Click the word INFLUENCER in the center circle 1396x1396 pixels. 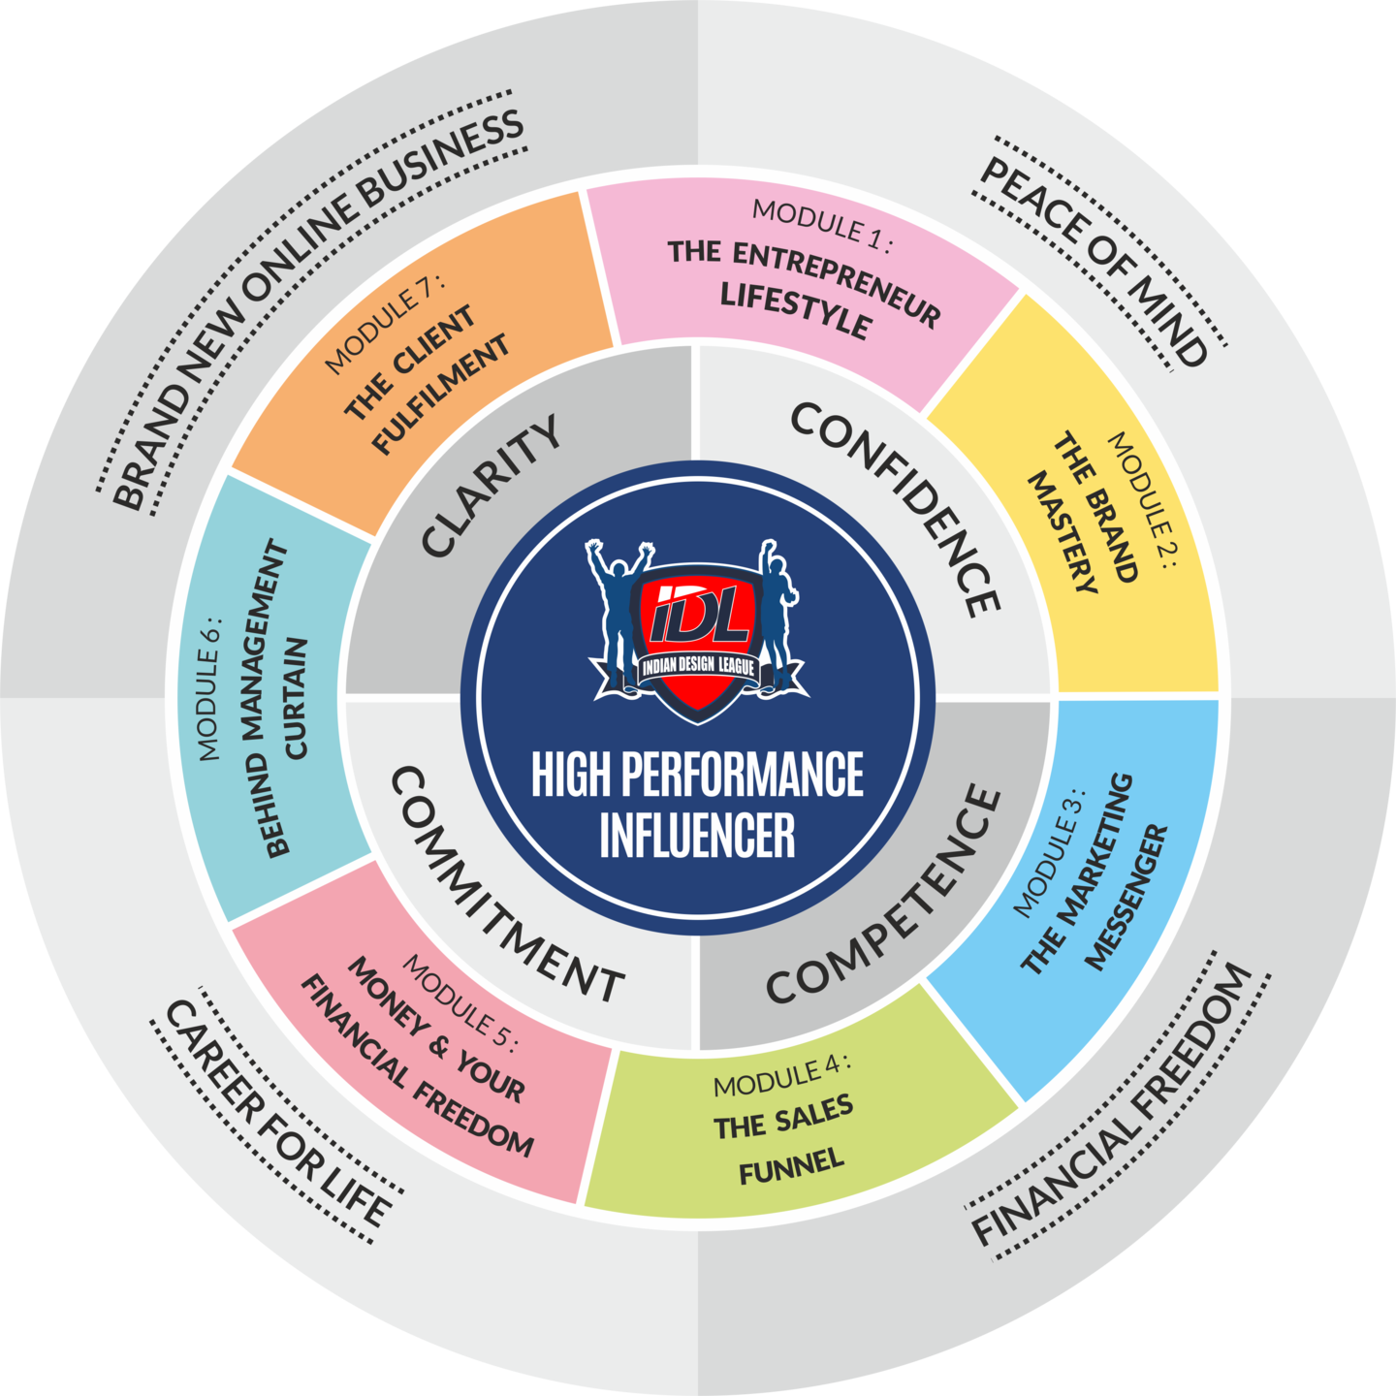(697, 836)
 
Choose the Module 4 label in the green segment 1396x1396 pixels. (781, 1073)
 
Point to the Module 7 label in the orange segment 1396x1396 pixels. (384, 323)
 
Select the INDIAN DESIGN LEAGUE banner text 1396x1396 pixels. (698, 667)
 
